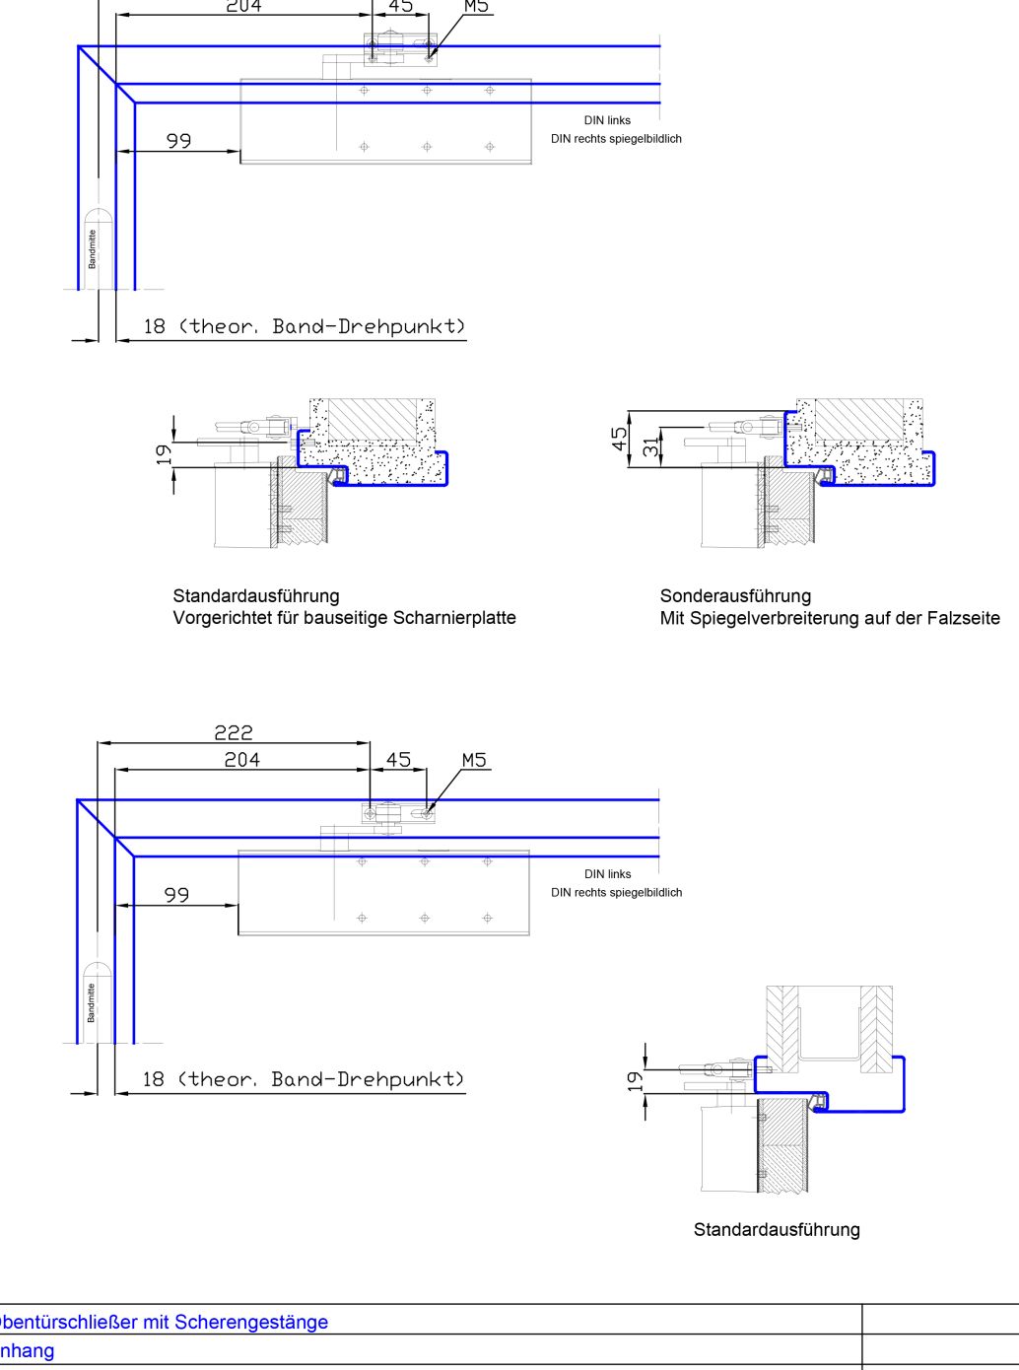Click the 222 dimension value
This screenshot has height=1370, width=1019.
(234, 732)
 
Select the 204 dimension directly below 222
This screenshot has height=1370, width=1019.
(241, 759)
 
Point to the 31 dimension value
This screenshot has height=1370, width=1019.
(649, 446)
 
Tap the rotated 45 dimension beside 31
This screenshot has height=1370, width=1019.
(620, 439)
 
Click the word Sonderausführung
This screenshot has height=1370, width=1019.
(735, 595)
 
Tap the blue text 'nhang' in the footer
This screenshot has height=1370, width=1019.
(27, 1350)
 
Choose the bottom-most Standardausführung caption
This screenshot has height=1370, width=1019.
(777, 1229)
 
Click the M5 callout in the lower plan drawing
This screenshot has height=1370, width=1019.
(475, 760)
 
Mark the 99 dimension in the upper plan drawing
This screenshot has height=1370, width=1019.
(178, 141)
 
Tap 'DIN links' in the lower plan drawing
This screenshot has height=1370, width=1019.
(607, 874)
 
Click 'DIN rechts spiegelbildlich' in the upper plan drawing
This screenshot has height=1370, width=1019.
(616, 139)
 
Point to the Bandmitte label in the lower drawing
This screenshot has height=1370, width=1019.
(92, 1001)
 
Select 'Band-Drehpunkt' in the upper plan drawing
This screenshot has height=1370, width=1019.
(367, 326)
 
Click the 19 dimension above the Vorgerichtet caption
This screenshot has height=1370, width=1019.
(164, 454)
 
